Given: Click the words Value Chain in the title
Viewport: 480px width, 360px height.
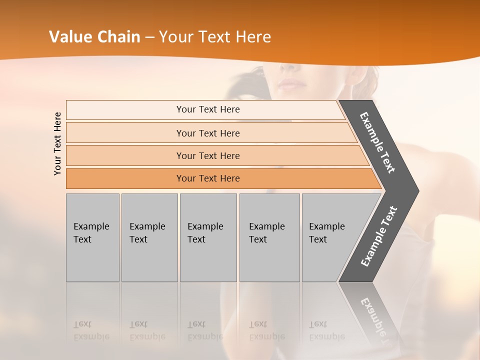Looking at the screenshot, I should pos(94,37).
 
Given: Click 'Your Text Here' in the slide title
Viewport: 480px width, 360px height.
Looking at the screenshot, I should pos(215,37).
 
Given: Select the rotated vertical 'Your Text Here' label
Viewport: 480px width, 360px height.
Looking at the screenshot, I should pos(57,143).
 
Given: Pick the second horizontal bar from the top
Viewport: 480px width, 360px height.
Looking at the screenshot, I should pos(207,133).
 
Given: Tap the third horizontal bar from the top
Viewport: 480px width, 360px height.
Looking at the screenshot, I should pos(207,155).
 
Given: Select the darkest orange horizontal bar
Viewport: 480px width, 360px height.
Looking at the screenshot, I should pos(207,178).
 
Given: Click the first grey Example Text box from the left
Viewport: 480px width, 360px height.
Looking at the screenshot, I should pos(92,237).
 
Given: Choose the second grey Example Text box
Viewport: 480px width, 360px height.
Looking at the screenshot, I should pos(149,237).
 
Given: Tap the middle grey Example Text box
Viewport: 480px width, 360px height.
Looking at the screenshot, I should pos(208,237).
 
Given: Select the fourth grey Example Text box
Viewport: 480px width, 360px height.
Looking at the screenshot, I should pos(269,237).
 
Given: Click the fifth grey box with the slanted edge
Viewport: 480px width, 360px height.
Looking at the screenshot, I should pos(330,237).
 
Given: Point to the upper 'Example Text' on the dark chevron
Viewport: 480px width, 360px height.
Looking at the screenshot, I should pos(377,142).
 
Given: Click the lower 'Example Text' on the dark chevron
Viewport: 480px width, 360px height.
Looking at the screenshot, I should pos(378,236).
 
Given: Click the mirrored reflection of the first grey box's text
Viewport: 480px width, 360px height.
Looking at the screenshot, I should pos(91,331).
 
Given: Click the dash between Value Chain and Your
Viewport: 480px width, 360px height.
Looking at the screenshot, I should pos(149,37).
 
